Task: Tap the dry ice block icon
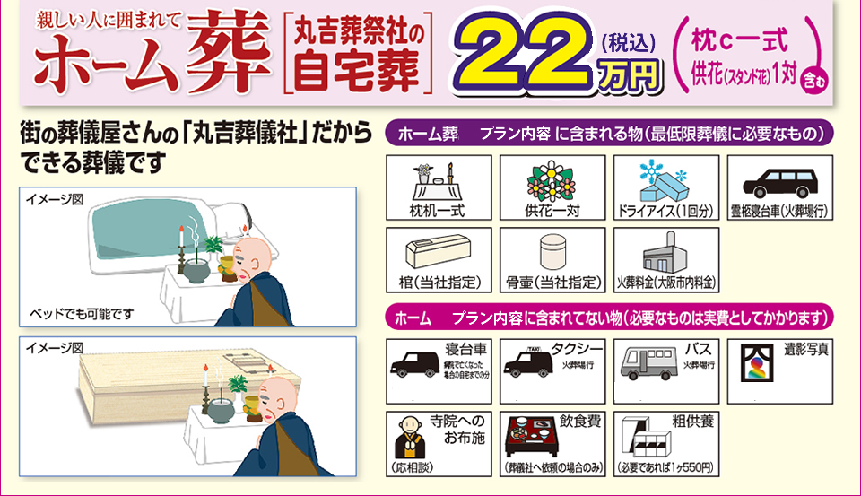tap(663, 183)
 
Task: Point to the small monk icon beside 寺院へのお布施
tap(409, 437)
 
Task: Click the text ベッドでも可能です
tap(83, 314)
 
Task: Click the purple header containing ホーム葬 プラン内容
tap(610, 135)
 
